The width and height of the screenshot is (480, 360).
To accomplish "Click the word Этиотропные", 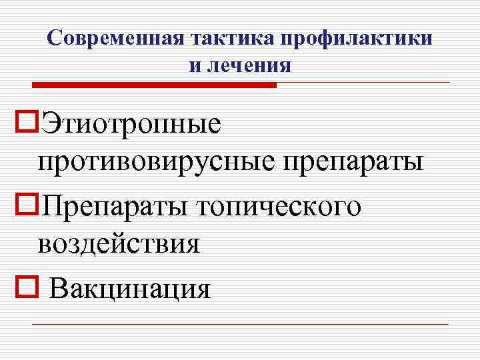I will point(130,124).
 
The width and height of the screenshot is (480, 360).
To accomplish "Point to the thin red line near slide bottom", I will point(240,325).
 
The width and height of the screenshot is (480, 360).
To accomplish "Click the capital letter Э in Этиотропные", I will point(50,124).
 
